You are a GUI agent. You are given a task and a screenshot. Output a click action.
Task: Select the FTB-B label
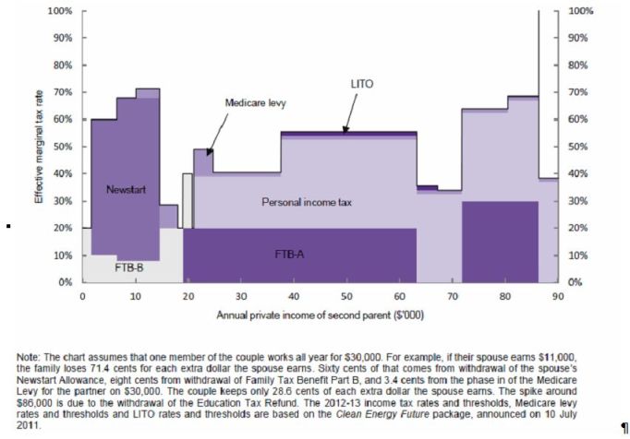[x=128, y=267]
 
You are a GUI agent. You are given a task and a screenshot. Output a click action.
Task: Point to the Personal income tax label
[x=308, y=201]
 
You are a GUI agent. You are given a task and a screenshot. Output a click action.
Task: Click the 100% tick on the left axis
[x=59, y=11]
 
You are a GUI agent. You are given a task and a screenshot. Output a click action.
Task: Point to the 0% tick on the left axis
[x=65, y=282]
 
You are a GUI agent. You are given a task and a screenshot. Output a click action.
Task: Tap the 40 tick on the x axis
[x=294, y=295]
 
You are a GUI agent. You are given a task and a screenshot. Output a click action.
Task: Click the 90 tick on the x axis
[x=557, y=295]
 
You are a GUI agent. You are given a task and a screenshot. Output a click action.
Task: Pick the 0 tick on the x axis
[x=82, y=295]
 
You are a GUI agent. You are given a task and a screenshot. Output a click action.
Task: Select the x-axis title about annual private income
[x=321, y=315]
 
